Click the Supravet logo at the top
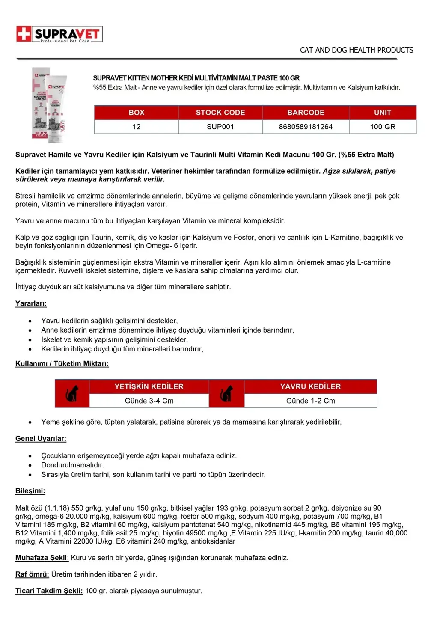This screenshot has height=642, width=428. [x=59, y=34]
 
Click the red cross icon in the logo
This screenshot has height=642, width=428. [x=24, y=34]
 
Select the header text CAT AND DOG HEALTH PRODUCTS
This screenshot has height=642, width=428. [x=356, y=50]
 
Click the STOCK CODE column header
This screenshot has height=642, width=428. [x=220, y=113]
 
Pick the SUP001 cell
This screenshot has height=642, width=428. [x=220, y=127]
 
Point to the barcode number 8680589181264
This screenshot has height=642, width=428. [x=305, y=127]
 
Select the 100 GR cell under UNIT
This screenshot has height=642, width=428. [x=382, y=127]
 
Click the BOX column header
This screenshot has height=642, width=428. [x=136, y=113]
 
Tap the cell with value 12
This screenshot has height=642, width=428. [x=136, y=127]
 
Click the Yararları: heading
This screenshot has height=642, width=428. [x=31, y=303]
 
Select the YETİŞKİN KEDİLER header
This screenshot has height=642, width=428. [x=149, y=386]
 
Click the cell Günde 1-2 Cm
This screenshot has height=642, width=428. [x=310, y=401]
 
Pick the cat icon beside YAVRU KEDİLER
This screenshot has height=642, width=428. [x=226, y=393]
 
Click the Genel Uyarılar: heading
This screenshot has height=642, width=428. [x=41, y=438]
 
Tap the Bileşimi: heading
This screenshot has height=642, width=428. [x=30, y=491]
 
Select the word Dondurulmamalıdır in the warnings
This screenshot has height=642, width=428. [x=72, y=465]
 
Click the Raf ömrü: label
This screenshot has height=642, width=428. [x=32, y=574]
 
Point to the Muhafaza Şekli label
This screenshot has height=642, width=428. [x=42, y=558]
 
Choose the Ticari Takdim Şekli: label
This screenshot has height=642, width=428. [x=49, y=591]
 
